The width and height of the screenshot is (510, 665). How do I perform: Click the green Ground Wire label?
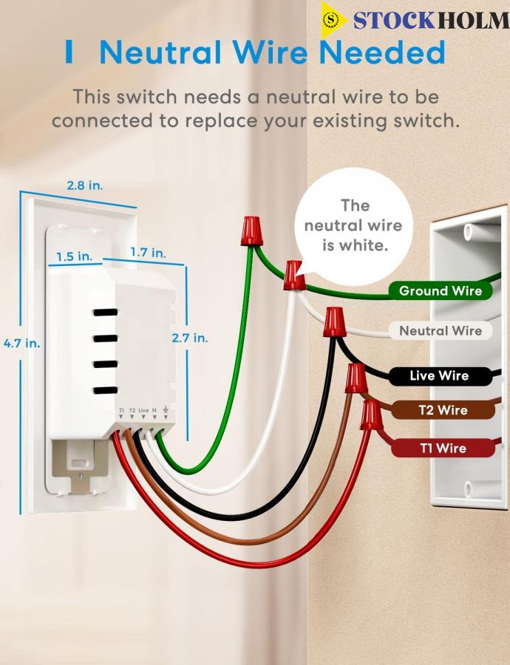pyautogui.click(x=441, y=291)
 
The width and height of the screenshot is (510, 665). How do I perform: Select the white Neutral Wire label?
pyautogui.click(x=441, y=331)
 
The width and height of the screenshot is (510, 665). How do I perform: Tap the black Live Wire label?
pyautogui.click(x=441, y=376)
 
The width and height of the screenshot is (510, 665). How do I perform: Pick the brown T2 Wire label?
pyautogui.click(x=443, y=410)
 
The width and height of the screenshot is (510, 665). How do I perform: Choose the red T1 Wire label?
pyautogui.click(x=443, y=449)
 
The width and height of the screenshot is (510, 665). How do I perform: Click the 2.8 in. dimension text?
pyautogui.click(x=85, y=185)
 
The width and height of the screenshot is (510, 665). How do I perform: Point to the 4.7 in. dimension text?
pyautogui.click(x=21, y=343)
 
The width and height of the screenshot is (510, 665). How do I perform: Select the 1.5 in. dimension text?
pyautogui.click(x=74, y=256)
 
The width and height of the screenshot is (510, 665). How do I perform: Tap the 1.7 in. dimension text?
pyautogui.click(x=148, y=253)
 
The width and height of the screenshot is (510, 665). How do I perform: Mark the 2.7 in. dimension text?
pyautogui.click(x=190, y=338)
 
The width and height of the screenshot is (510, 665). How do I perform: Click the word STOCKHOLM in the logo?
pyautogui.click(x=432, y=21)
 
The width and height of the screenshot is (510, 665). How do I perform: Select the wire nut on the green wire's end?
pyautogui.click(x=251, y=231)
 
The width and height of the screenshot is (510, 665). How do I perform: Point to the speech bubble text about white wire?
pyautogui.click(x=353, y=225)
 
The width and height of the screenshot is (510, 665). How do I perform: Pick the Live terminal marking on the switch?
pyautogui.click(x=144, y=411)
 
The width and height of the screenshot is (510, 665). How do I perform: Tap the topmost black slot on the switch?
pyautogui.click(x=105, y=313)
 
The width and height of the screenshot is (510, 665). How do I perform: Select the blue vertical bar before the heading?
pyautogui.click(x=69, y=52)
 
